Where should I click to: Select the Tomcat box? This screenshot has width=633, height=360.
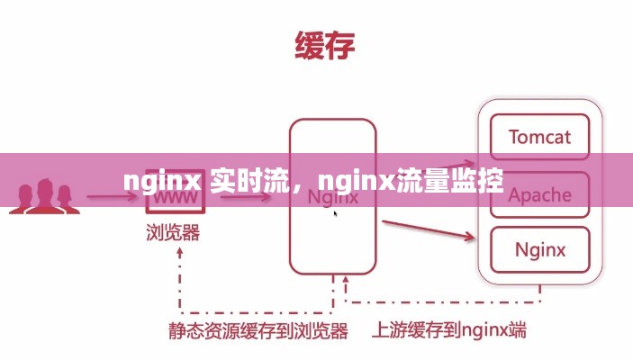click(538, 138)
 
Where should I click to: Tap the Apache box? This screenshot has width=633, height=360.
click(538, 194)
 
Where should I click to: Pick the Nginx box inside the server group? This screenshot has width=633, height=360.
click(538, 249)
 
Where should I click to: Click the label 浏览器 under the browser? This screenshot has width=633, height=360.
click(173, 233)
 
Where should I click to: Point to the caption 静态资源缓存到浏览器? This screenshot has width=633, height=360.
click(258, 331)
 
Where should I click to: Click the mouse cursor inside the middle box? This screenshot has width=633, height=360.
click(336, 214)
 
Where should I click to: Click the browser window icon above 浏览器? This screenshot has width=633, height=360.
click(176, 198)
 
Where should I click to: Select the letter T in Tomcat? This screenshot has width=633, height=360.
click(514, 138)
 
